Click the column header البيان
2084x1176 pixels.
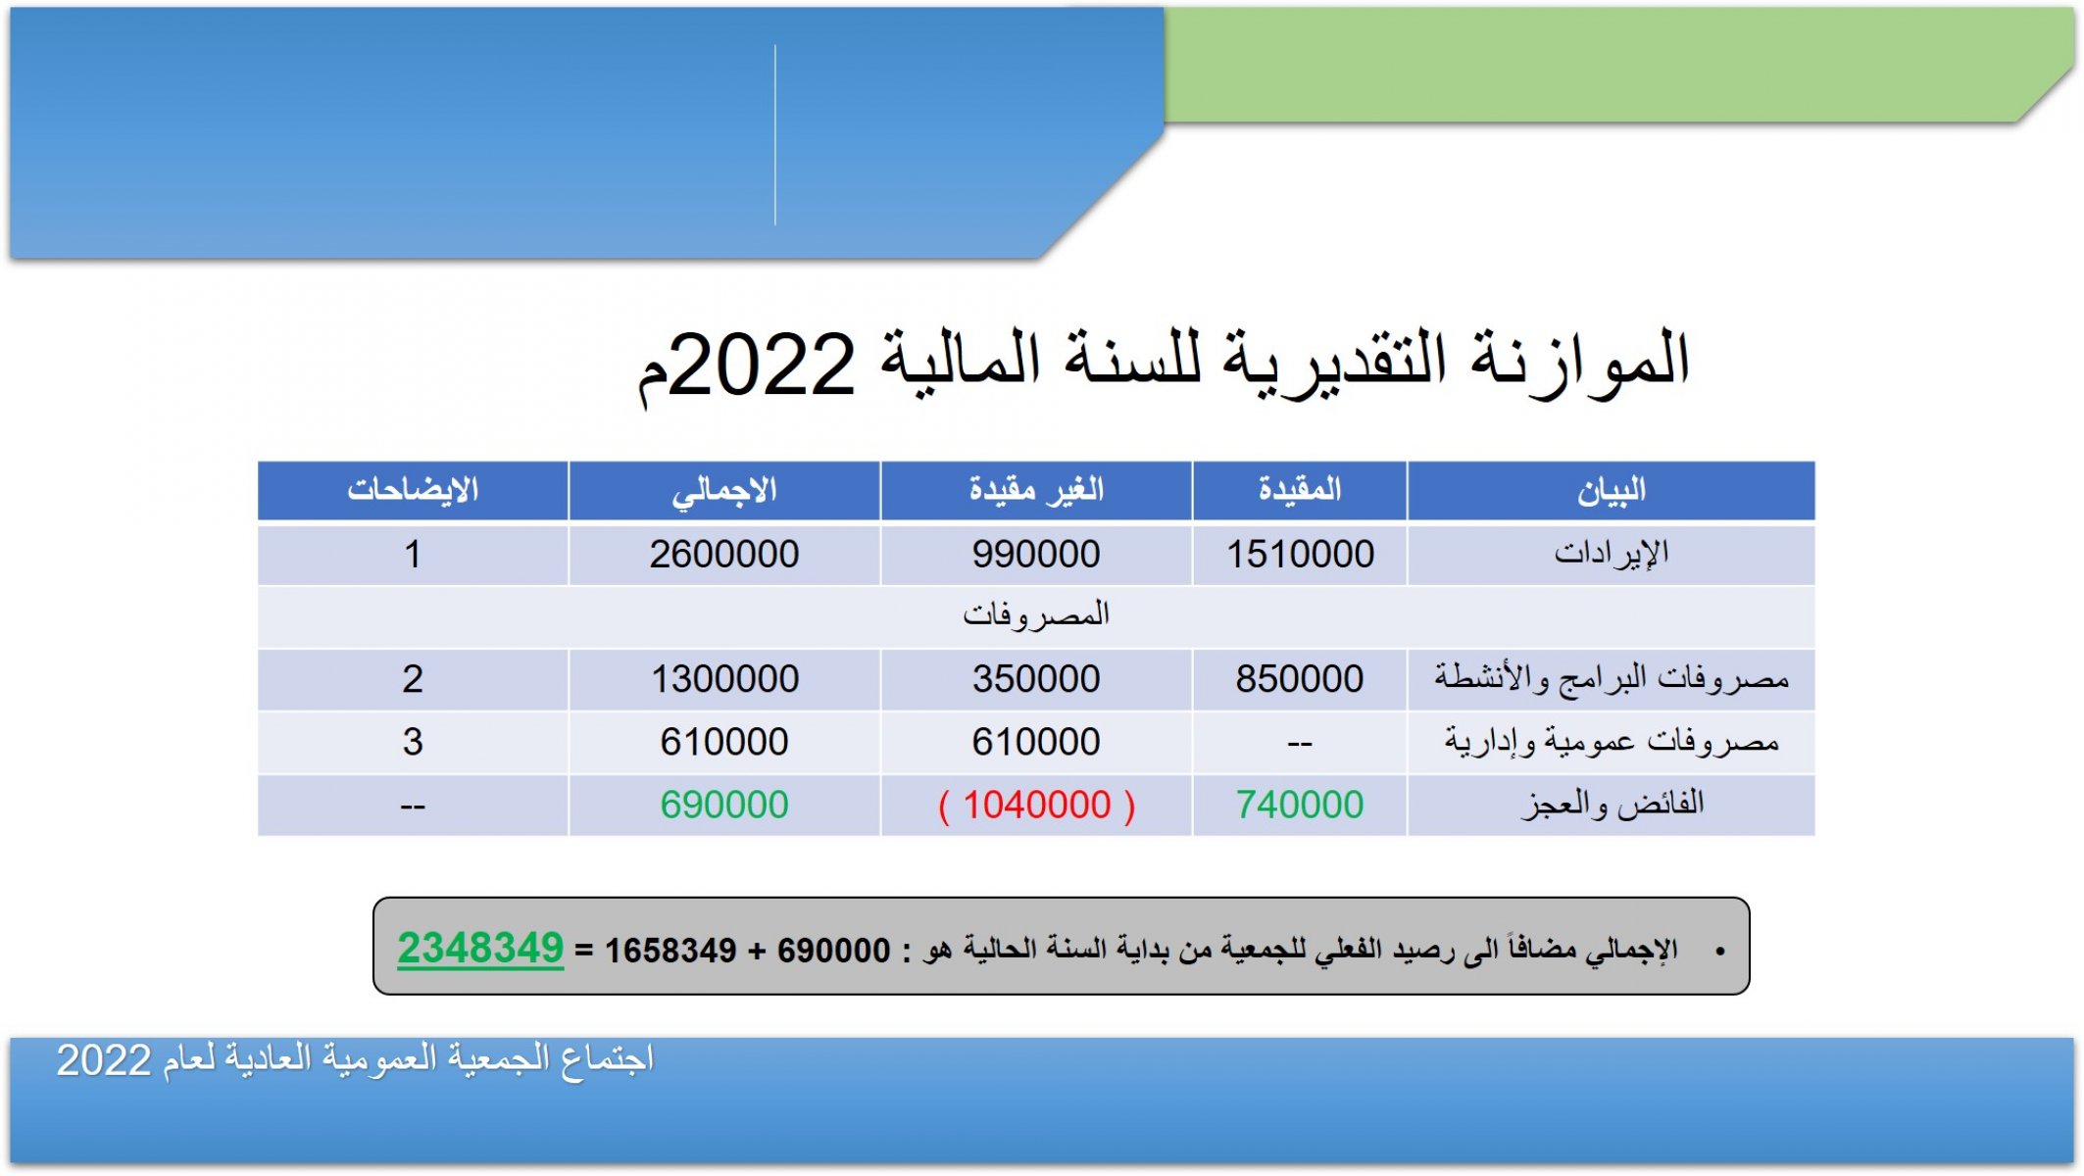tap(1611, 490)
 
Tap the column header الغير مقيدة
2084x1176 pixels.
tap(1036, 489)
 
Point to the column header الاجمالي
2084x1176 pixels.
tap(724, 490)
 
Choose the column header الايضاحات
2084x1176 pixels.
tap(413, 489)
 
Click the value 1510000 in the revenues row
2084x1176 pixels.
tap(1300, 555)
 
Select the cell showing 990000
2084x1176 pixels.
tap(1036, 555)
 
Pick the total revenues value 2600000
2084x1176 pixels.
tap(724, 555)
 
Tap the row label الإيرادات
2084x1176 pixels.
tap(1611, 554)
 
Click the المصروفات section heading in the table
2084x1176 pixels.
tap(1036, 614)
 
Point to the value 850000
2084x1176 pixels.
tap(1300, 678)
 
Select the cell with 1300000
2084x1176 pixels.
tap(724, 678)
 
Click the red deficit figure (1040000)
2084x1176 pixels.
tap(1036, 805)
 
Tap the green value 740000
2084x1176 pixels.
tap(1300, 805)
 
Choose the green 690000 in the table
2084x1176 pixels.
tap(724, 805)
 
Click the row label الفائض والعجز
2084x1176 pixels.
tap(1613, 805)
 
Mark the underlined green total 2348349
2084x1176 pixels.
tap(480, 949)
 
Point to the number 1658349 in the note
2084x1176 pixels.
tap(670, 951)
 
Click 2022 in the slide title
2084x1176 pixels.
tap(763, 364)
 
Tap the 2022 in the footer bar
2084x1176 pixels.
tap(103, 1060)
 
